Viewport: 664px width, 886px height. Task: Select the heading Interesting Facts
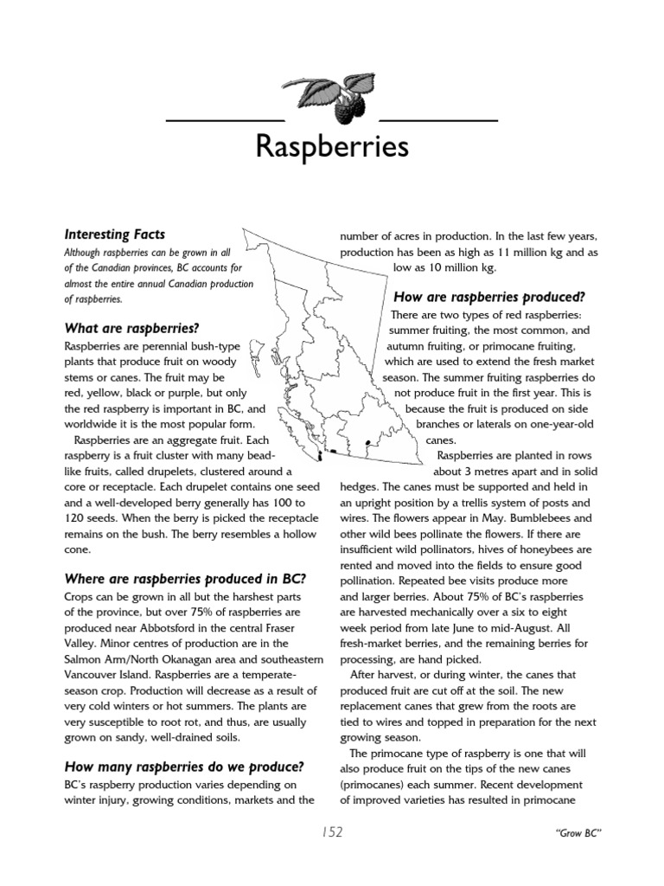tap(115, 234)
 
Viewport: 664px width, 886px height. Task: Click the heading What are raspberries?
tap(131, 328)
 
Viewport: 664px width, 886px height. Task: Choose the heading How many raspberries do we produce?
tap(183, 767)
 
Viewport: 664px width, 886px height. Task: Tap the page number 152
tap(332, 833)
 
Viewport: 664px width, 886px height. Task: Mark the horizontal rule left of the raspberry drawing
tap(224, 119)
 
